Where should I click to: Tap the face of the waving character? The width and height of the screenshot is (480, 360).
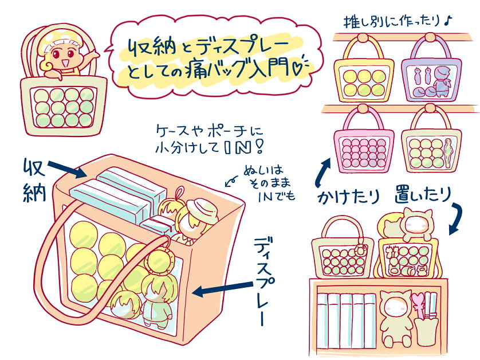pos(60,54)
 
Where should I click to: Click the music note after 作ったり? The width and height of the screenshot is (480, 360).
pos(448,21)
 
